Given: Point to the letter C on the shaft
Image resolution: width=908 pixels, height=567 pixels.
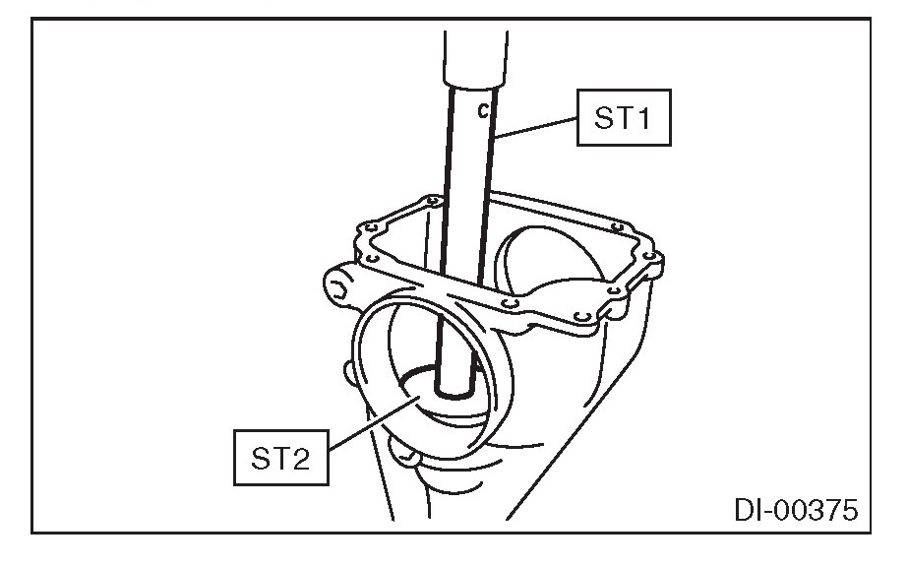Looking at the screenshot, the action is click(482, 111).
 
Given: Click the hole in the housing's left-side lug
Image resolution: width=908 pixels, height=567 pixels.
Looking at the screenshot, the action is click(339, 288).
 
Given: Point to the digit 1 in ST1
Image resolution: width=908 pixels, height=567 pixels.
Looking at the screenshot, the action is click(644, 119).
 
